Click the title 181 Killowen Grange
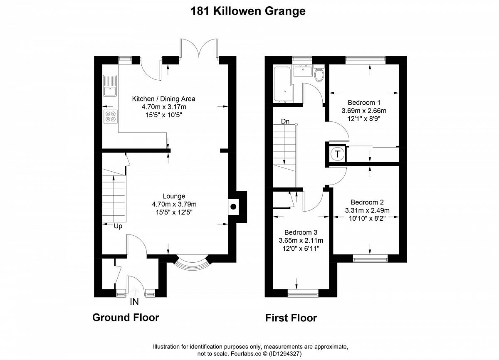point(248,11)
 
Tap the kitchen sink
point(110,86)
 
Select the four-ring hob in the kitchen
point(111,116)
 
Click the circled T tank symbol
point(338,154)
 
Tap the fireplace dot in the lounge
point(233,207)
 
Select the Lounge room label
point(174,196)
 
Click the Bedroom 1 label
point(364,103)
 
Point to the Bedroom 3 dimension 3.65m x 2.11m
point(301,240)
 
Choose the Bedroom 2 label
point(367,202)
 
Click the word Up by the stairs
point(118,227)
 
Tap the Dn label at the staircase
point(285,121)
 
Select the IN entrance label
point(134,302)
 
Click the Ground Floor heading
point(126,318)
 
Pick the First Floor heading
point(291,318)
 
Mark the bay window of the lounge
point(193,263)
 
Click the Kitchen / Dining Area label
point(164,99)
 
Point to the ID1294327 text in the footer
point(285,354)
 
